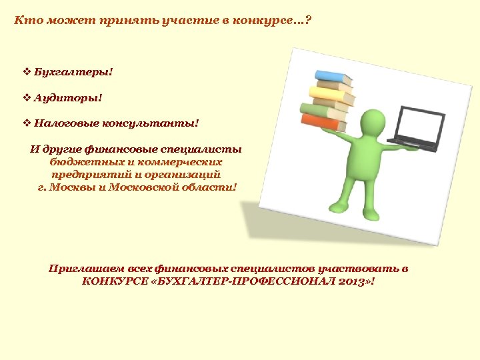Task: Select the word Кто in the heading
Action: coord(24,20)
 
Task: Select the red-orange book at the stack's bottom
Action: coord(323,122)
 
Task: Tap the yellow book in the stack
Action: coord(329,96)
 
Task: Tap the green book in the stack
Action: coord(322,110)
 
